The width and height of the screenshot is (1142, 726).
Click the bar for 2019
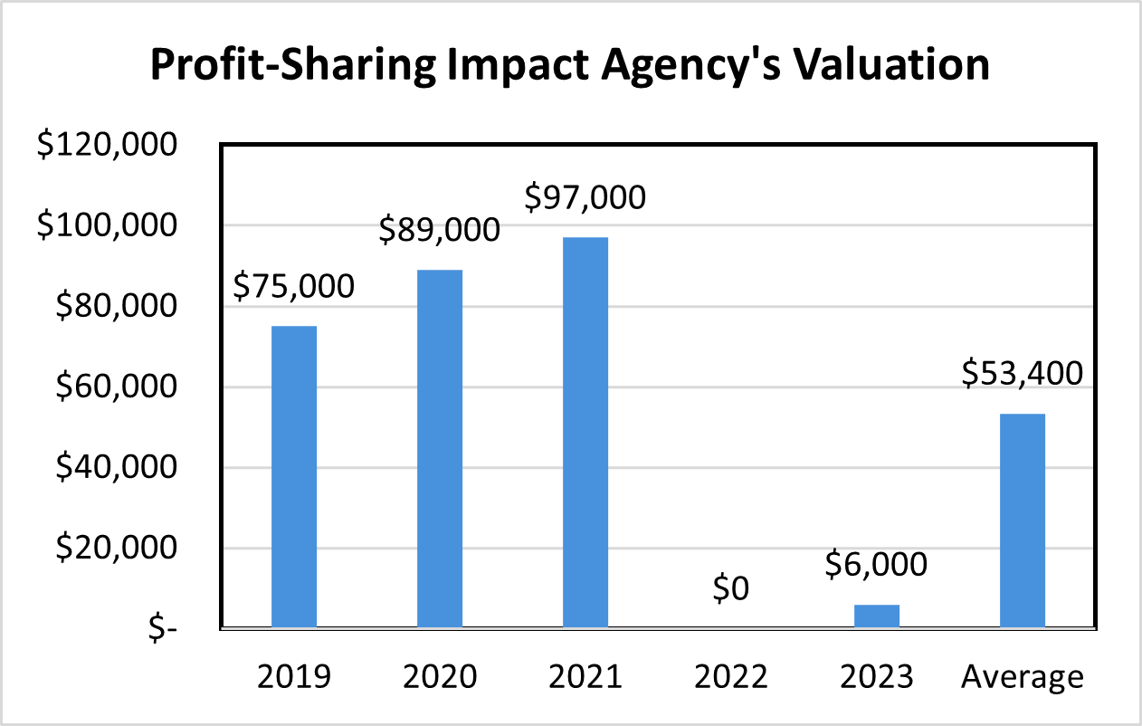(294, 476)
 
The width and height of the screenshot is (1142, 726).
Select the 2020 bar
(440, 448)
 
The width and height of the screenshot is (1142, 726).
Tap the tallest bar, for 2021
(585, 432)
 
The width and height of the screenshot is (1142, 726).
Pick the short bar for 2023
(877, 616)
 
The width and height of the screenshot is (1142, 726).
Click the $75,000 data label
(294, 287)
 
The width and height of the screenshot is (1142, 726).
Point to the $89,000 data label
(440, 230)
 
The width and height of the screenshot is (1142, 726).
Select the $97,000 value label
(586, 196)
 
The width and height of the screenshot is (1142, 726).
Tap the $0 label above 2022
(730, 589)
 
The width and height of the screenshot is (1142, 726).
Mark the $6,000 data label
(877, 565)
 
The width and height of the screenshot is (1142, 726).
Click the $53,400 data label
(1023, 372)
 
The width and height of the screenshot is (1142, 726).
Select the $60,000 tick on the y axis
(115, 387)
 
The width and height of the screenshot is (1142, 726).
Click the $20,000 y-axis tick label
(115, 549)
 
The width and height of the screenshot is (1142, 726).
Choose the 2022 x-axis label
(730, 676)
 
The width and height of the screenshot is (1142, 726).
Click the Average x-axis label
(1023, 676)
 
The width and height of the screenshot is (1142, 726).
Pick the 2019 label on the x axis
(294, 676)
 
